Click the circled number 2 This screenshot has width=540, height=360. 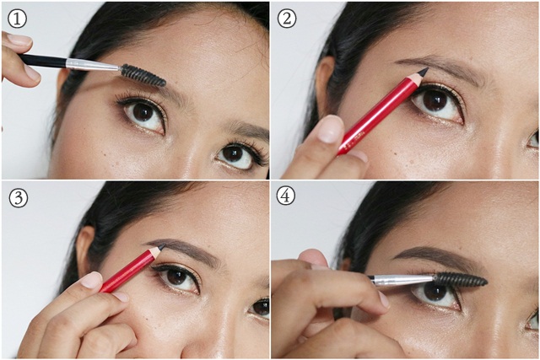pyautogui.click(x=287, y=16)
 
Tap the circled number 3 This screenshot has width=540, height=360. pyautogui.click(x=17, y=198)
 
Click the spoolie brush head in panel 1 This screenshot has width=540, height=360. pyautogui.click(x=143, y=75)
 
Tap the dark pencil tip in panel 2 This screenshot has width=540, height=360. pyautogui.click(x=422, y=73)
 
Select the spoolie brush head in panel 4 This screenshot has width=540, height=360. pyautogui.click(x=461, y=278)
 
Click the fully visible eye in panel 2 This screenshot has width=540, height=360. pyautogui.click(x=436, y=103)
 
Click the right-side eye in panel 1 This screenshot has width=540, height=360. pyautogui.click(x=236, y=155)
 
